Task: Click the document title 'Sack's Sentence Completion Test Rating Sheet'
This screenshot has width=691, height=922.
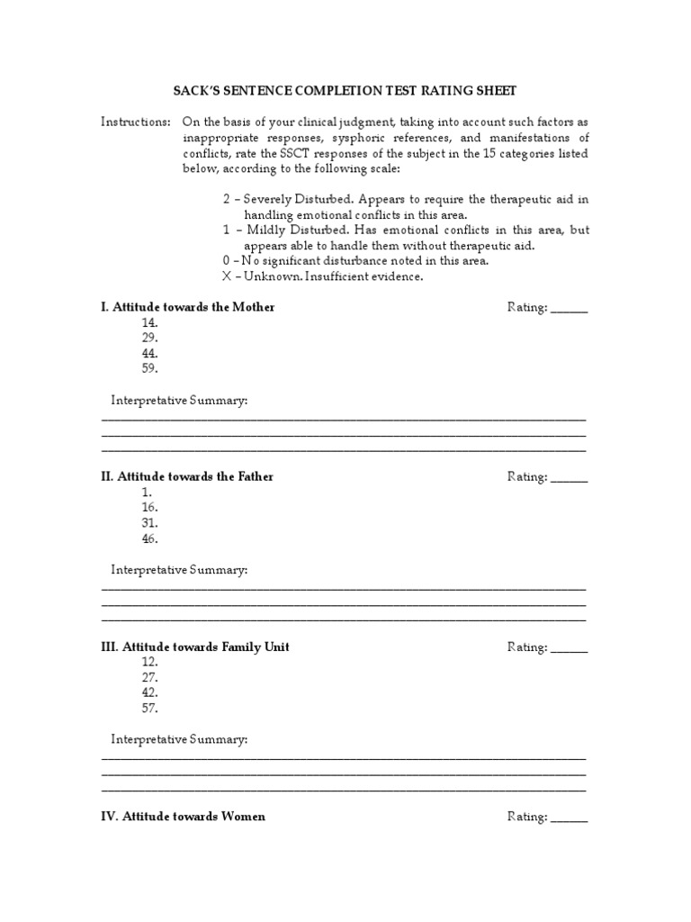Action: coord(345,91)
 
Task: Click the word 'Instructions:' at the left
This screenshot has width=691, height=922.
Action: coord(135,122)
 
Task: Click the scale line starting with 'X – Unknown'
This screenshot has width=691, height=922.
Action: coord(322,276)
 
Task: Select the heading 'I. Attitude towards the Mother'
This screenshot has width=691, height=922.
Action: coord(188,307)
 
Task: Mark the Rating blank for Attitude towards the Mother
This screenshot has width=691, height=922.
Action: coord(569,308)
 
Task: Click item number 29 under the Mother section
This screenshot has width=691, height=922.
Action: coord(149,338)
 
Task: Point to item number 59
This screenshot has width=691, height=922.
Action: coord(149,368)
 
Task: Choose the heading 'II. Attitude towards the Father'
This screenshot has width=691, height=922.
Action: coord(187,476)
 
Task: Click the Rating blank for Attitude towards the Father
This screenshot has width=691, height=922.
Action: coord(569,477)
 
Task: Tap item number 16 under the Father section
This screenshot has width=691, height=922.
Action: coord(149,508)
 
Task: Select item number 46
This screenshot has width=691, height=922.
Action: coord(149,538)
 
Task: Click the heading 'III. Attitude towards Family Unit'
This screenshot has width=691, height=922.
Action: coord(195,646)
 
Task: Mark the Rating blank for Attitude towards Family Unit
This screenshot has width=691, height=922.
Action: coord(569,647)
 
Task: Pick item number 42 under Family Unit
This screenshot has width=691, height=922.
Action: coord(149,692)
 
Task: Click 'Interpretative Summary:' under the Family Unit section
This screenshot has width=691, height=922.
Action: coord(179,739)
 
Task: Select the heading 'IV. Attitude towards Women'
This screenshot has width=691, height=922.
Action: coord(184,817)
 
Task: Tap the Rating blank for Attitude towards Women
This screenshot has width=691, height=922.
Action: coord(569,818)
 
